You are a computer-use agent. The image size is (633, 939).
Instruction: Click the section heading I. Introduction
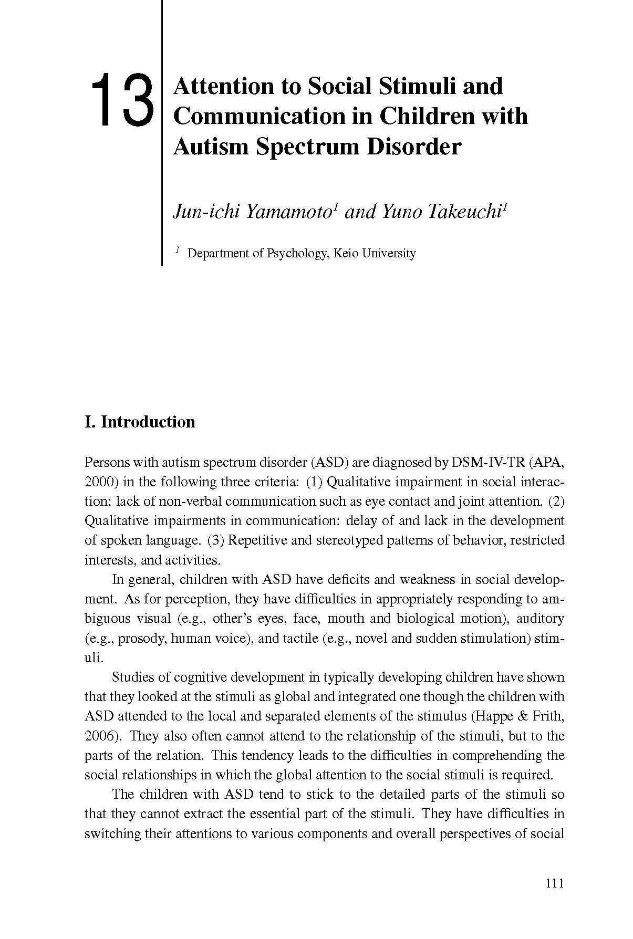(x=140, y=422)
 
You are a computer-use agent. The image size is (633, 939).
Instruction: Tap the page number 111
(x=554, y=883)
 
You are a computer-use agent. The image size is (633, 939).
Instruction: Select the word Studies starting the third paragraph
(x=136, y=677)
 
